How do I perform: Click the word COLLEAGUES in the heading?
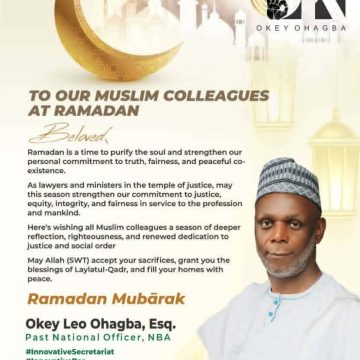[x=214, y=95]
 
